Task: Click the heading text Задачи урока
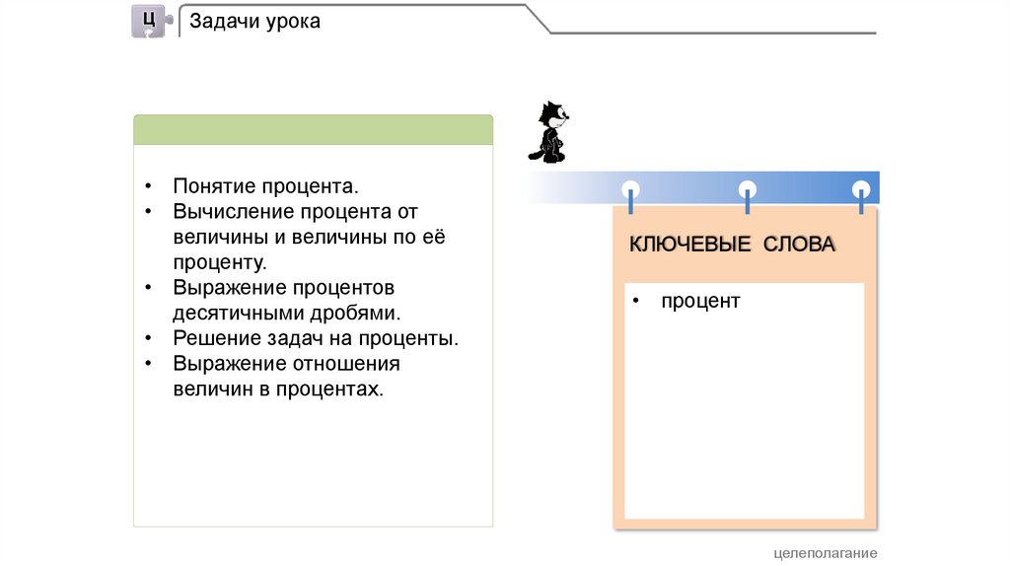[254, 21]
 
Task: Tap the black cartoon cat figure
[550, 132]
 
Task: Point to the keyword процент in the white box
[700, 302]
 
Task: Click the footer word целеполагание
[826, 553]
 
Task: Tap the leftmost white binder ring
[630, 189]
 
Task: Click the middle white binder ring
[747, 189]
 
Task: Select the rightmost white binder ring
[861, 189]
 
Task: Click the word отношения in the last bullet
[346, 364]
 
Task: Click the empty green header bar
[313, 129]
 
